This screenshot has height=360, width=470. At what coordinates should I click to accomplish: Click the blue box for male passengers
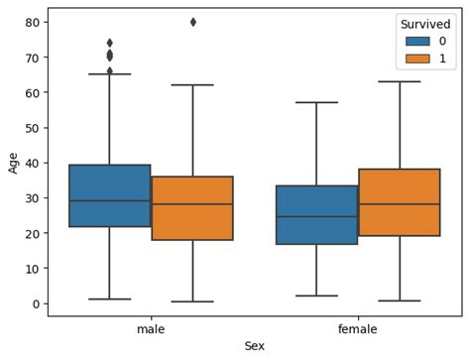(x=110, y=195)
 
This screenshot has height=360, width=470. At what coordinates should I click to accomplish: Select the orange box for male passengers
(x=192, y=208)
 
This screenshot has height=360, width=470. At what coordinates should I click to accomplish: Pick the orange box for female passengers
(x=399, y=202)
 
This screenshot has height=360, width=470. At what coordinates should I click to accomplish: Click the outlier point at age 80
(x=192, y=22)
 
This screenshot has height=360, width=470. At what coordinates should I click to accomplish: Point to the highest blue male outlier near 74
(x=110, y=43)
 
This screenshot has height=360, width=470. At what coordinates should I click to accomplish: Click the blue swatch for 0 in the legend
(x=416, y=41)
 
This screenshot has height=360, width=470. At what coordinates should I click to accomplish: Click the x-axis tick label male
(x=151, y=327)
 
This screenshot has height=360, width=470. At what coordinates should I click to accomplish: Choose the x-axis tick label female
(x=357, y=327)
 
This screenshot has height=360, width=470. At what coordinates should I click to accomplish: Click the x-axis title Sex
(x=254, y=345)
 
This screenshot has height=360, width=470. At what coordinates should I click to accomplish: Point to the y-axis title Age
(x=13, y=162)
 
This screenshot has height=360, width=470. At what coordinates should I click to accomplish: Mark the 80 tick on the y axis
(x=33, y=22)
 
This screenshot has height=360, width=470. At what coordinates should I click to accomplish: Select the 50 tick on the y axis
(x=33, y=128)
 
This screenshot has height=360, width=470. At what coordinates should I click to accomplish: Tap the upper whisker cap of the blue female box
(x=316, y=102)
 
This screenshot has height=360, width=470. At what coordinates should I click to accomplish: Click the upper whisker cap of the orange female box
(x=399, y=81)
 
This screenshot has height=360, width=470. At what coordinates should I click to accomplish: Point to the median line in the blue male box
(x=110, y=201)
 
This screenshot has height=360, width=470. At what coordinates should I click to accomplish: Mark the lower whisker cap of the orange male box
(x=192, y=301)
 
